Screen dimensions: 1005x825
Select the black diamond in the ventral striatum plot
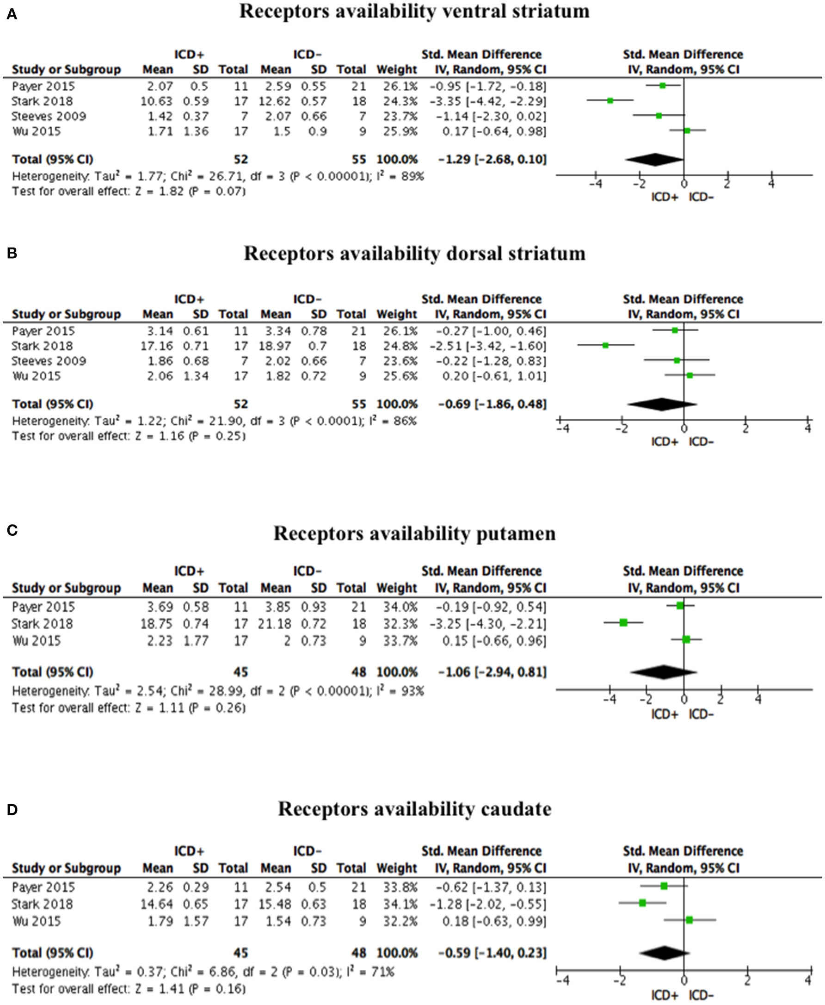(x=655, y=160)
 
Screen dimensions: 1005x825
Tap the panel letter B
(x=12, y=253)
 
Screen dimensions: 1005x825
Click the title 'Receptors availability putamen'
(x=414, y=534)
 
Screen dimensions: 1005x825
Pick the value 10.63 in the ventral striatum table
(x=157, y=101)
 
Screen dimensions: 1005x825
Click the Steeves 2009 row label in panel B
(x=49, y=361)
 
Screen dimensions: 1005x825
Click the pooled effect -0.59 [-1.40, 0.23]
(x=492, y=953)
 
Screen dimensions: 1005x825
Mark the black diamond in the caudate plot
(x=664, y=953)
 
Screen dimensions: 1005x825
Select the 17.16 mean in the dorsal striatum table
(x=157, y=346)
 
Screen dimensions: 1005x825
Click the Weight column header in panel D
(x=397, y=868)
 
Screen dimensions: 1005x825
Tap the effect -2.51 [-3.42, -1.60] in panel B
(x=487, y=346)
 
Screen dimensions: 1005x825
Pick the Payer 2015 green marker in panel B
(x=675, y=330)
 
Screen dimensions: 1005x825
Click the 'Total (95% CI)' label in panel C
(x=53, y=672)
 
